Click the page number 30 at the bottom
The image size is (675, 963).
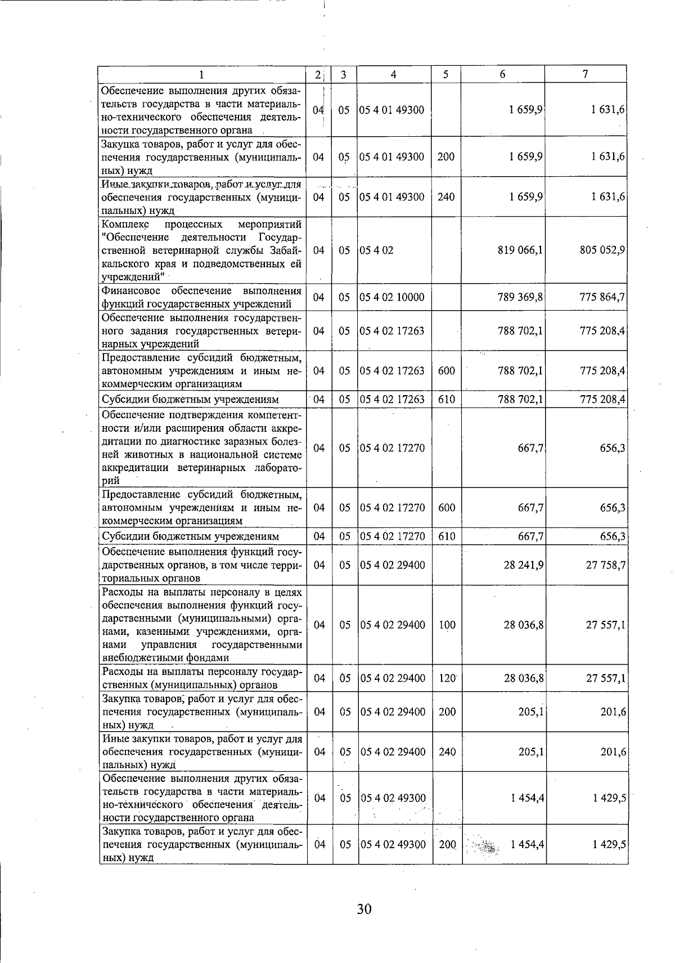coord(364,908)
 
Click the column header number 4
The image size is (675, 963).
coord(394,74)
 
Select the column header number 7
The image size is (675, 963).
coord(586,74)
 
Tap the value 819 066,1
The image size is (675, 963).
coord(520,250)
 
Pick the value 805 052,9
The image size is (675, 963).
coord(602,250)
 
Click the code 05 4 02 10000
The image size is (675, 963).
coord(392,297)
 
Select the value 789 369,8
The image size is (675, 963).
coord(520,297)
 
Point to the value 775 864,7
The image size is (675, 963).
coord(602,297)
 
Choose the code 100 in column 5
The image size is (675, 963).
coord(447,625)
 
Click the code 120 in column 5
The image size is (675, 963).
coord(447,678)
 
